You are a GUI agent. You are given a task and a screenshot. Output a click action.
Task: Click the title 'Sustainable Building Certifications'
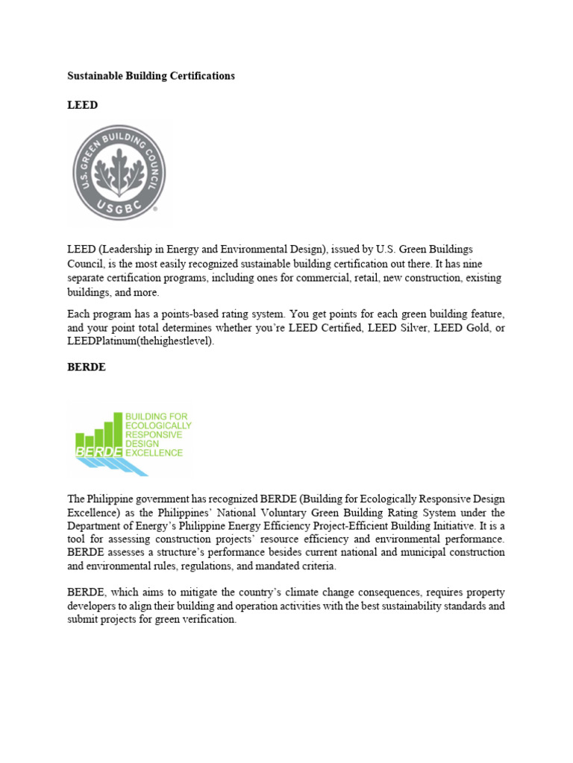pyautogui.click(x=151, y=76)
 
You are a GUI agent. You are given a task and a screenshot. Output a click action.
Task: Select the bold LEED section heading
pyautogui.click(x=82, y=105)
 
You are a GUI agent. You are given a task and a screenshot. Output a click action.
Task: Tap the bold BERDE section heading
pyautogui.click(x=87, y=367)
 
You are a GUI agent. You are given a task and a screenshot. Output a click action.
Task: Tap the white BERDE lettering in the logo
pyautogui.click(x=98, y=452)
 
